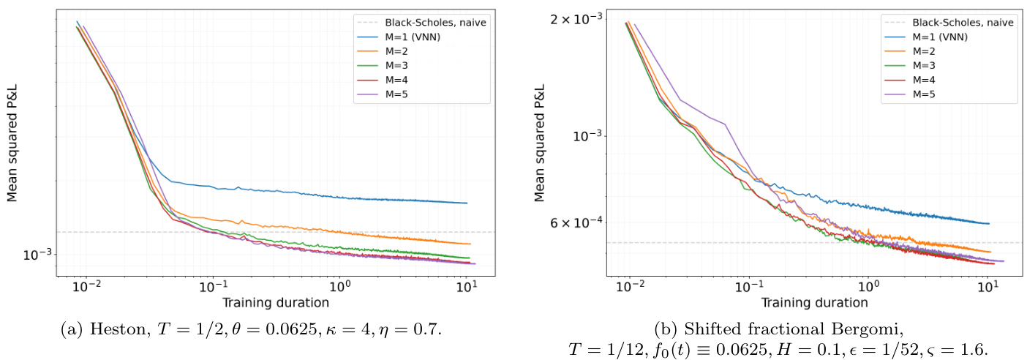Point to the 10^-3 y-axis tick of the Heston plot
click(42, 255)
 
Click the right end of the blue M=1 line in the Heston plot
click(467, 203)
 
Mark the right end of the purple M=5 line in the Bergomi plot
click(1004, 260)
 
